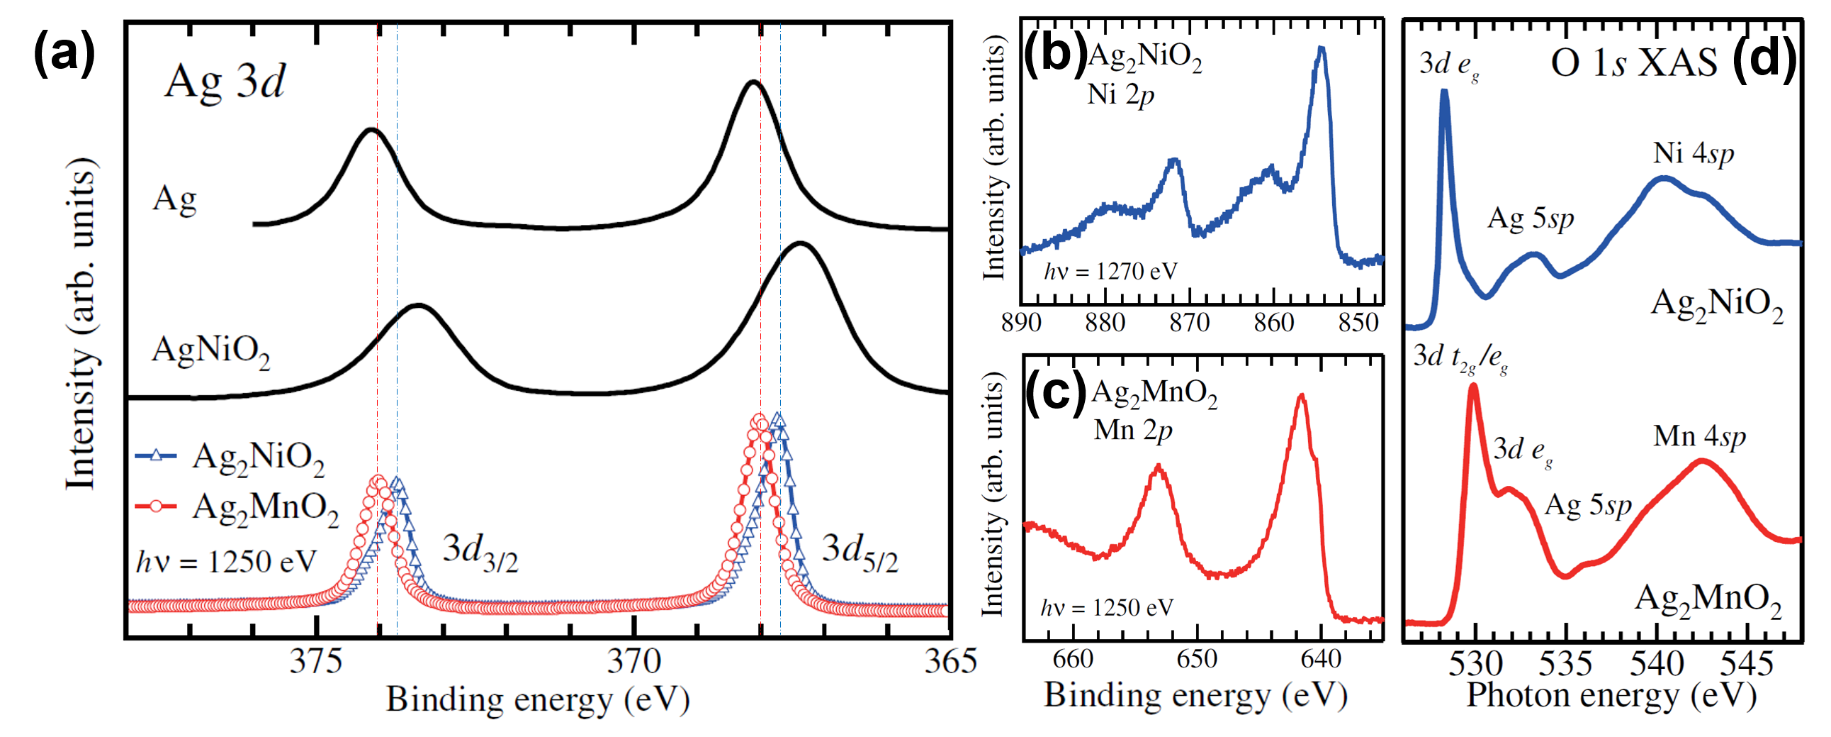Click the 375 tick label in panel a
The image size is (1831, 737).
[316, 663]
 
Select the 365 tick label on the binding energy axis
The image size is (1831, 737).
[950, 663]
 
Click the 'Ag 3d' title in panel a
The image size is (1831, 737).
[225, 82]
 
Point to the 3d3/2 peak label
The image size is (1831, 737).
[480, 553]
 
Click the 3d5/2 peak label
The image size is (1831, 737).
[860, 553]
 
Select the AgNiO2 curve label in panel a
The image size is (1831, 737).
[211, 351]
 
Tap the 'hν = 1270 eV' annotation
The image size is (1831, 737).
[1110, 271]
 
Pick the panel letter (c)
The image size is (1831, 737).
[1056, 392]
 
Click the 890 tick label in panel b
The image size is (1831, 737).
[1021, 323]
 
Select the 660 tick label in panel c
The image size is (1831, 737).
[1073, 659]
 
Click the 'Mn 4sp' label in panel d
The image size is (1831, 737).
[1698, 437]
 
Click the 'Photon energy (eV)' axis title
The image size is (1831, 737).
[1611, 696]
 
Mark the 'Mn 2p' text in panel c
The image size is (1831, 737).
[1133, 431]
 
